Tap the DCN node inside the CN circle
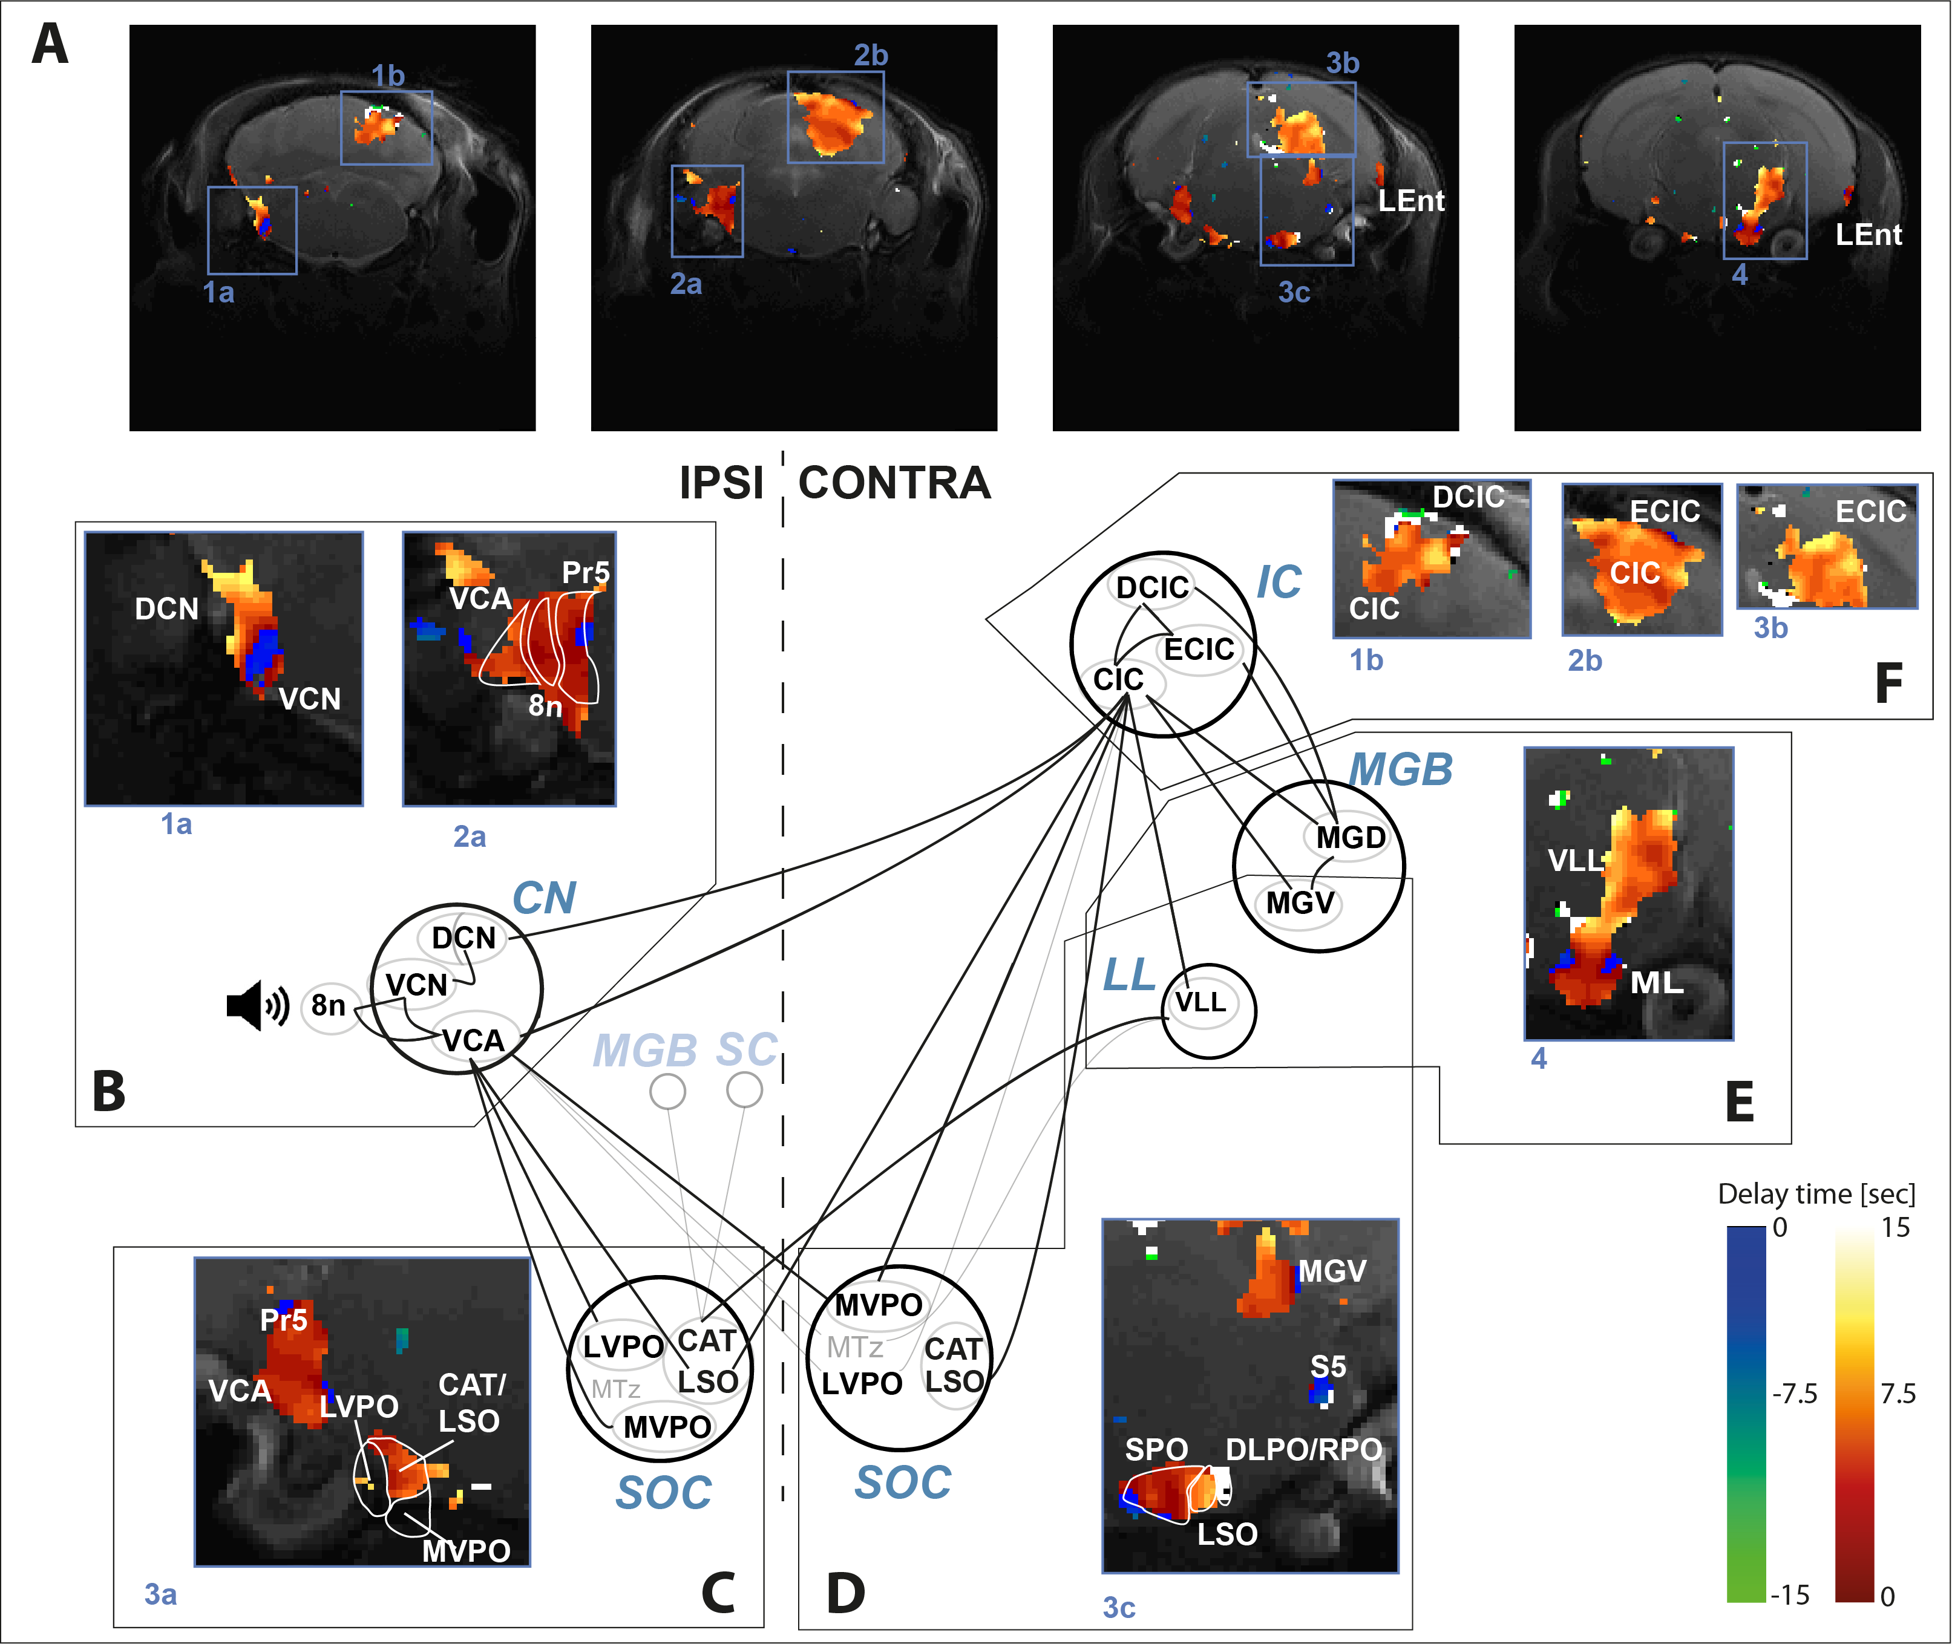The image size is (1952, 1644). [463, 938]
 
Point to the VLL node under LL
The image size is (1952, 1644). [1200, 1002]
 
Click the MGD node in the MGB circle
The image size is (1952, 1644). [1350, 837]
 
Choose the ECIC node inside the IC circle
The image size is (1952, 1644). [1199, 648]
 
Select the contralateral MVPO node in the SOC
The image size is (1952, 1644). [878, 1305]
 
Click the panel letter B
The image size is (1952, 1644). [109, 1091]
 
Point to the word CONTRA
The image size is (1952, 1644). [894, 483]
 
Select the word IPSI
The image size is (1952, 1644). [721, 483]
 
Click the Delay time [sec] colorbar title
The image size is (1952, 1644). [1816, 1195]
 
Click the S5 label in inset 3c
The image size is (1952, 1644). [1328, 1366]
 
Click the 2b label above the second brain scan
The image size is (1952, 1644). [871, 56]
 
